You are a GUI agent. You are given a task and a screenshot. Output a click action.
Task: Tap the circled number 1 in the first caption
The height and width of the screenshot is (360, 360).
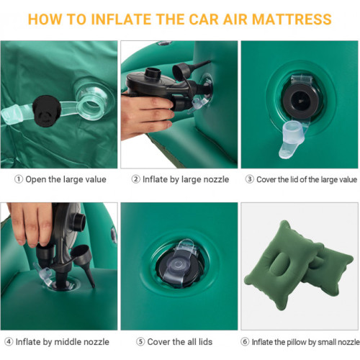pos(19,179)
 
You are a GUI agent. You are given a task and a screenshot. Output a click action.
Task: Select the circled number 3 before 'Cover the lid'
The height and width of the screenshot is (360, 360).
pos(249,179)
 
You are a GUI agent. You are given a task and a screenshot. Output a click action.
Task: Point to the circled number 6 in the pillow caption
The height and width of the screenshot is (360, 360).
pos(245,341)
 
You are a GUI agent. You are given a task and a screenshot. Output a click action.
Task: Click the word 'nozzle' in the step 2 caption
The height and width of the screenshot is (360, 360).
pos(216,179)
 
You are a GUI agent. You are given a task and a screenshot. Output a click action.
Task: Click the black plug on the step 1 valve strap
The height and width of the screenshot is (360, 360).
pos(46,111)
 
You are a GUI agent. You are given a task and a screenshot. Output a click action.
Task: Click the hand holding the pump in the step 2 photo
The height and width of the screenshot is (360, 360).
pos(146,114)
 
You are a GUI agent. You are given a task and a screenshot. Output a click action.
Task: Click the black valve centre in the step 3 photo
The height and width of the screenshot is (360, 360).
pos(300,102)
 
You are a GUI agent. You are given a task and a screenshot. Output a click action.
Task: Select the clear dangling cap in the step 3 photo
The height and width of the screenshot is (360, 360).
pos(291,139)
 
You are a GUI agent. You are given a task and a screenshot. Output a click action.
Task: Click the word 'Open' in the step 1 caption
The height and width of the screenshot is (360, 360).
pos(36,180)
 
